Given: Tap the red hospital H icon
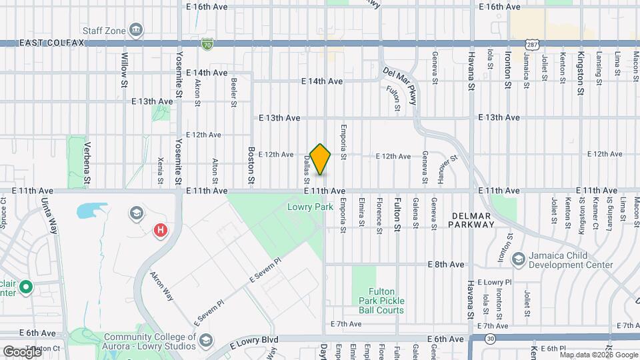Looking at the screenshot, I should tap(161, 231).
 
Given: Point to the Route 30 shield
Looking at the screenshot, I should tap(491, 339).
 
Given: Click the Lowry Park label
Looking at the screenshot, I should tap(310, 207).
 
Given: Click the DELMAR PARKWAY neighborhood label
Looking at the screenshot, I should tap(472, 220).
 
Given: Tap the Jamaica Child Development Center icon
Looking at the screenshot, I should tap(518, 259).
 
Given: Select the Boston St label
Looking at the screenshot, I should tap(252, 165).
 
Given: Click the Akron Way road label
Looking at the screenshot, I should tap(162, 285).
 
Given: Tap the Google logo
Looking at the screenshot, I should tap(22, 351).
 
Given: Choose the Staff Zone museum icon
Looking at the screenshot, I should tap(137, 30).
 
